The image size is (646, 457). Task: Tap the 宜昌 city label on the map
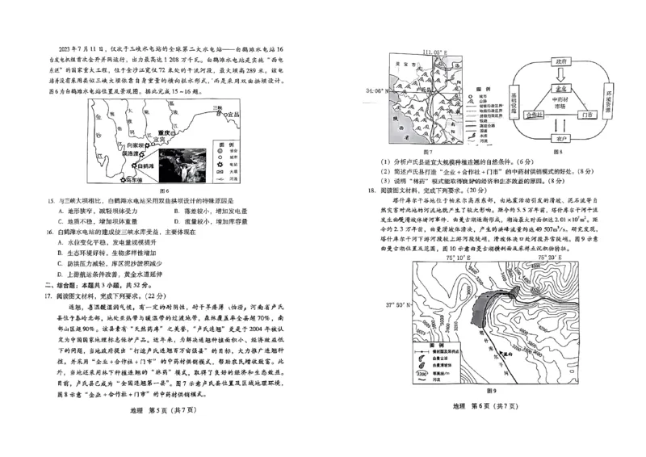pos(233,115)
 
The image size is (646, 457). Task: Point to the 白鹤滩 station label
pos(146,165)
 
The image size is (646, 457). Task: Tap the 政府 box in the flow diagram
pos(556,61)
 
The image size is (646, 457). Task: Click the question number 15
pos(52,199)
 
